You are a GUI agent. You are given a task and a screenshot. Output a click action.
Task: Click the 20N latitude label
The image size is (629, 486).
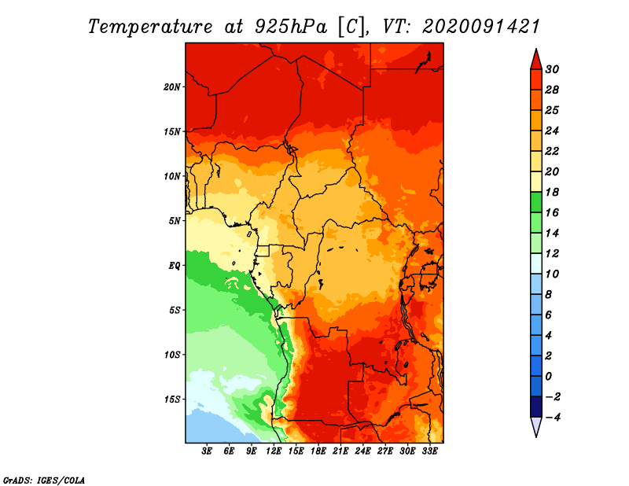coord(172,87)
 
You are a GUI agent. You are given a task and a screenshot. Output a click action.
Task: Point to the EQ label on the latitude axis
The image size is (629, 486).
coord(175,266)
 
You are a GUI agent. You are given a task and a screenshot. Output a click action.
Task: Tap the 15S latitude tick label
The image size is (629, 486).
coord(172,399)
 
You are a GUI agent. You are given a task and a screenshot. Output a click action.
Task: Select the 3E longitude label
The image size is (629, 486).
coord(207,451)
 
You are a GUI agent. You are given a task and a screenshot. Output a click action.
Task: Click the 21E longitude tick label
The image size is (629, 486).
coord(340,451)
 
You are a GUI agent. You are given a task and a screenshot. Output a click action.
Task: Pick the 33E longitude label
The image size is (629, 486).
coord(429,451)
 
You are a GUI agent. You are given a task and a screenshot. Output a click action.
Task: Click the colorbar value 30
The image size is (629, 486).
coord(552,69)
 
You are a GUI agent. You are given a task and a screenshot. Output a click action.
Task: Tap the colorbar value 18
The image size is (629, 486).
coord(552,192)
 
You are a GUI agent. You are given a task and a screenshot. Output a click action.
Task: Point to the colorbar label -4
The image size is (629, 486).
coord(553,418)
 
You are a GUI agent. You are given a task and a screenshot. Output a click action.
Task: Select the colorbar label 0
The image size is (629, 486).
coord(548,377)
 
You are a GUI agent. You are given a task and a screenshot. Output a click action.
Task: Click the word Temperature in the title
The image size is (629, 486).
coord(150,27)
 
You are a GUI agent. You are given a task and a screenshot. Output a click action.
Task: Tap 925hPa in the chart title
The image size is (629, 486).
coord(291,27)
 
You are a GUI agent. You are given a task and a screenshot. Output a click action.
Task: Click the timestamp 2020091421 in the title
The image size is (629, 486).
coord(480,27)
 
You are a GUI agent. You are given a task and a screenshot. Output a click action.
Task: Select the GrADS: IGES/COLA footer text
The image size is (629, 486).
coord(44,480)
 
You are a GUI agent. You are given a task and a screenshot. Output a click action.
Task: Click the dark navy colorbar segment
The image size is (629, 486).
coord(536,407)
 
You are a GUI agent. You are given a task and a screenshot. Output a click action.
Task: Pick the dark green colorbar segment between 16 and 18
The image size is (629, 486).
coord(536,202)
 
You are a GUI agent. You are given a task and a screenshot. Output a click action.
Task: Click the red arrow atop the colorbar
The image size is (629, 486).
coord(536,59)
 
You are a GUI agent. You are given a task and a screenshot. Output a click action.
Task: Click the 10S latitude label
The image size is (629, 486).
coord(172,355)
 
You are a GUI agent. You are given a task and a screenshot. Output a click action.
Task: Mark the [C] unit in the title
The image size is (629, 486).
coord(351,27)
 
